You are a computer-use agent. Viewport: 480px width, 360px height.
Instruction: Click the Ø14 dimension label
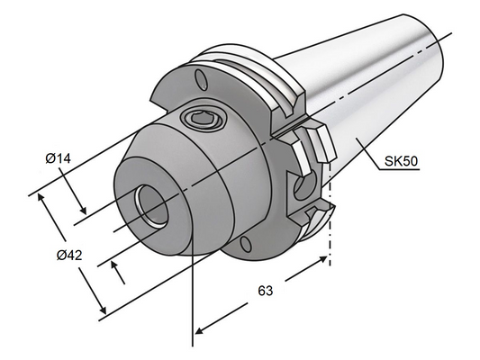pyautogui.click(x=59, y=159)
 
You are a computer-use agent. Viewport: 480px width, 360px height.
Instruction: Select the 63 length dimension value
pyautogui.click(x=265, y=291)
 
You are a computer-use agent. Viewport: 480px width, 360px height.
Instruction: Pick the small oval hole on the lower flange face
pyautogui.click(x=243, y=243)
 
